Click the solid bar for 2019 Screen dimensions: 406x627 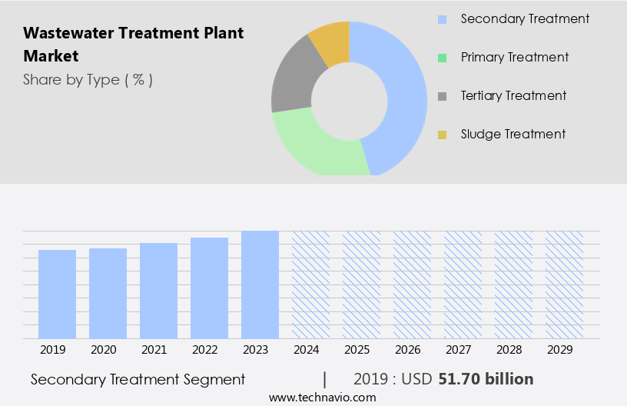[57, 294]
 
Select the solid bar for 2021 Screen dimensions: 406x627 [158, 291]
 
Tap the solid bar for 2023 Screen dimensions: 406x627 [260, 285]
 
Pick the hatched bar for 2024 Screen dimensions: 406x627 [310, 285]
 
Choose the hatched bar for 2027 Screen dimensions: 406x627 [463, 285]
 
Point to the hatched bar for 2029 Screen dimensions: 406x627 [564, 285]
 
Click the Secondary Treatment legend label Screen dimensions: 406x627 [525, 18]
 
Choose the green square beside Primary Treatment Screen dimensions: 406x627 [442, 58]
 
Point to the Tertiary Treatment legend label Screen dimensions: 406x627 [513, 96]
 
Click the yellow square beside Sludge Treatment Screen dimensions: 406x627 [442, 135]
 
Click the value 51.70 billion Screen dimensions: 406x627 [485, 379]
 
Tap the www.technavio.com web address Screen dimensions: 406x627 [323, 398]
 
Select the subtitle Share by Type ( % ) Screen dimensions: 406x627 [88, 80]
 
